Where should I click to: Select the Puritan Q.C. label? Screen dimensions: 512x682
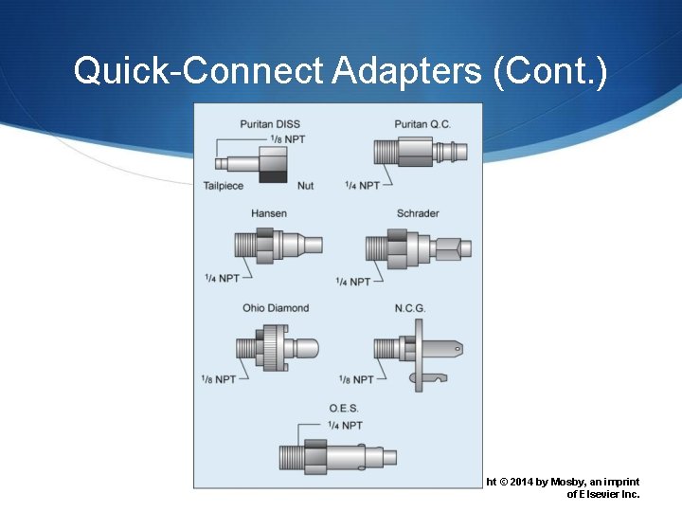pyautogui.click(x=422, y=124)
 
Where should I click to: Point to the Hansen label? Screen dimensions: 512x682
pyautogui.click(x=269, y=213)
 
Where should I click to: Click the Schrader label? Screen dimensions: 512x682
pyautogui.click(x=418, y=213)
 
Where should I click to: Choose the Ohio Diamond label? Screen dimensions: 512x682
pyautogui.click(x=276, y=308)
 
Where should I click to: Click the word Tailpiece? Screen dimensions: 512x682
pyautogui.click(x=224, y=186)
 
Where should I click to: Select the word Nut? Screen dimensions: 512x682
pyautogui.click(x=305, y=186)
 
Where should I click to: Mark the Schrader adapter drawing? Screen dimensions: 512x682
pyautogui.click(x=417, y=248)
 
